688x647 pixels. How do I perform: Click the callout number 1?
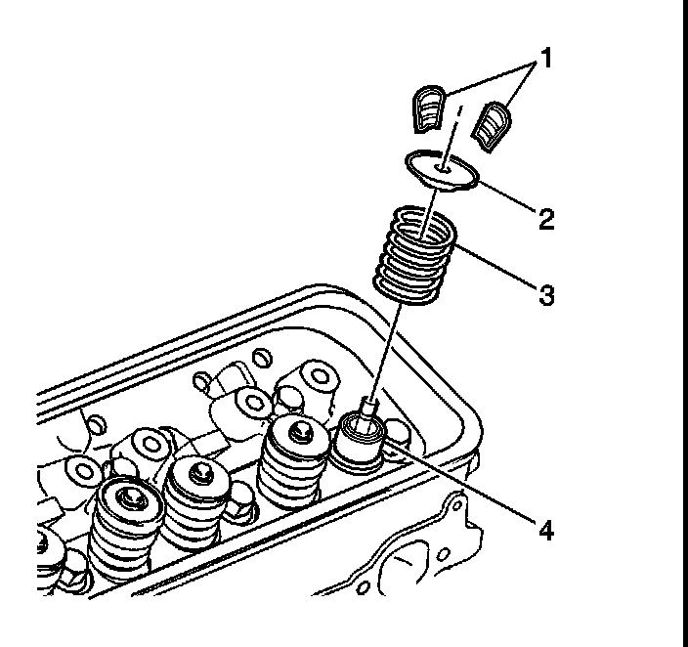[x=546, y=59]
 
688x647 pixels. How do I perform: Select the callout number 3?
[x=546, y=293]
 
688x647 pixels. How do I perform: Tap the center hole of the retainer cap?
[x=444, y=167]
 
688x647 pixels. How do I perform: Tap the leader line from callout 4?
[x=459, y=484]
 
